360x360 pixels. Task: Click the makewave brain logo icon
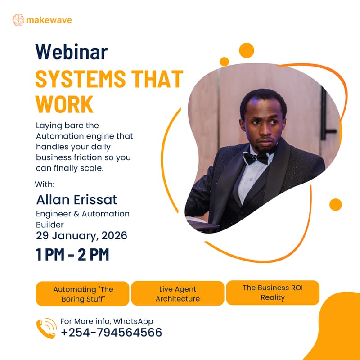pos(18,19)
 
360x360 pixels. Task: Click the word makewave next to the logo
pos(49,20)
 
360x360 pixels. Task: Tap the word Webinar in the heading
pos(72,52)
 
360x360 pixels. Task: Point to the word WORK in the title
pos(64,103)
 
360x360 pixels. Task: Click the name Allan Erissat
pos(77,199)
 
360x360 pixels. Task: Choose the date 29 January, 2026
pos(81,235)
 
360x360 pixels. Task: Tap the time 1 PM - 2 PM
pos(72,255)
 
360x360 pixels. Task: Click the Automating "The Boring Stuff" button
pos(83,293)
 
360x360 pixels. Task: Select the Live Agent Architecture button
pos(178,293)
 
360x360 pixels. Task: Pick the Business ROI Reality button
pos(273,292)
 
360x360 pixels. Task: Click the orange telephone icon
pos(46,328)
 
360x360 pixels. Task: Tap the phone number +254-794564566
pos(111,333)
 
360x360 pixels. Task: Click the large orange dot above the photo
pos(247,50)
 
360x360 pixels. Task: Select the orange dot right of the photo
pos(335,204)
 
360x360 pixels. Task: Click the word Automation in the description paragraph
pos(60,135)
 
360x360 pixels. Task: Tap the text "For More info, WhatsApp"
pos(107,321)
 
